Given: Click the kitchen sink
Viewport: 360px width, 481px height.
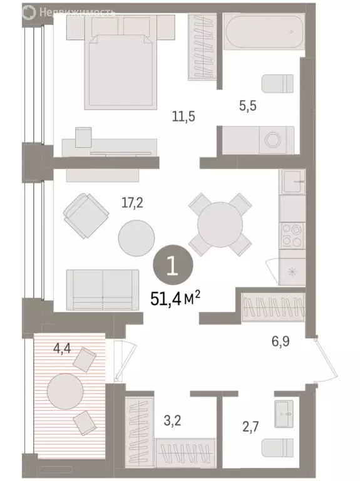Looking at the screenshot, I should [x=292, y=182].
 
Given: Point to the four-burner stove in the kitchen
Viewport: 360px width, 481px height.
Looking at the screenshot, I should [x=292, y=234].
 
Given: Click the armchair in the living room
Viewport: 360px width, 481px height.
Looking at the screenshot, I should [x=86, y=215].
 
